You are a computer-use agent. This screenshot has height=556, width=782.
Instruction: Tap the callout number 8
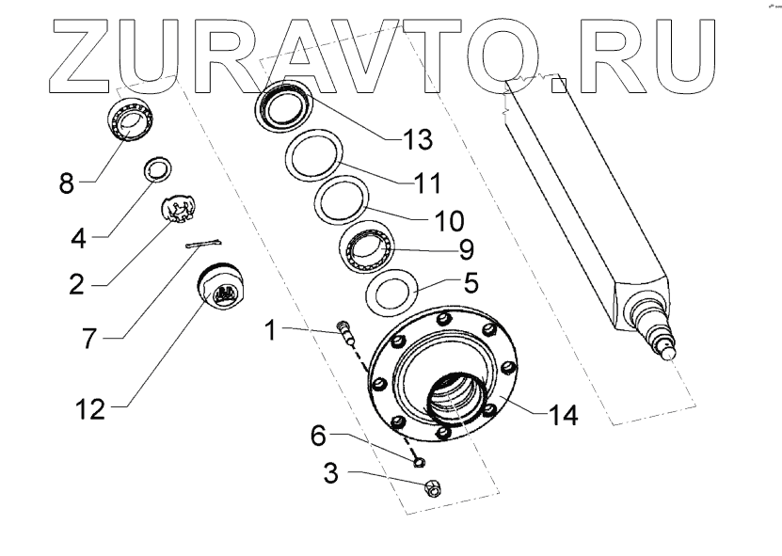[65, 182]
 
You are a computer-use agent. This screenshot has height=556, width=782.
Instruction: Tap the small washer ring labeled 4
[156, 170]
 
